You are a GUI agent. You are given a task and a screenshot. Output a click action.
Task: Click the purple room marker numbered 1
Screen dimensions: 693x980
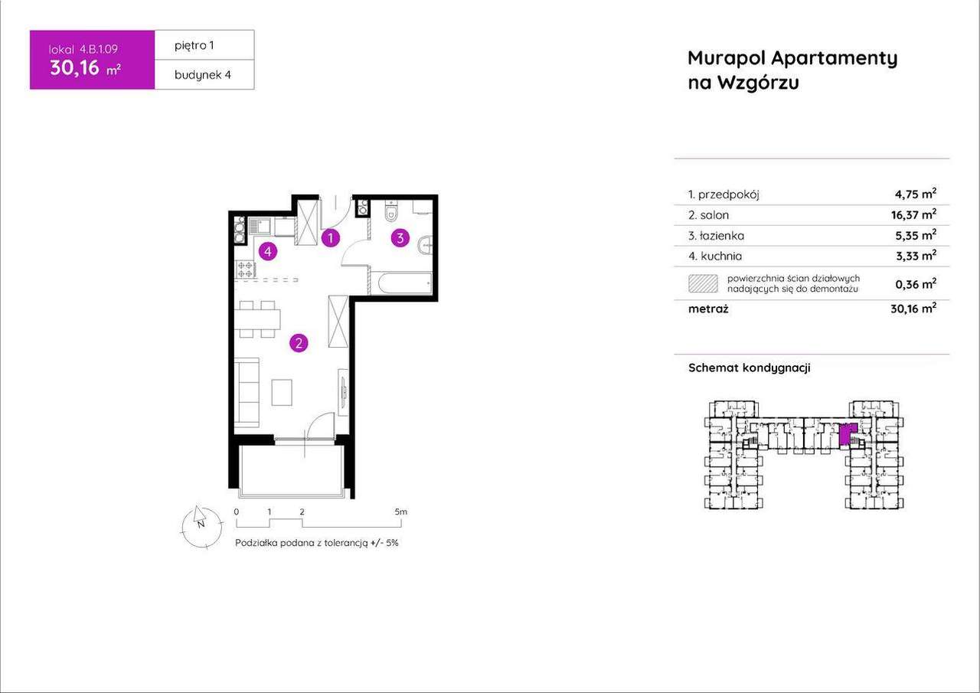pos(330,238)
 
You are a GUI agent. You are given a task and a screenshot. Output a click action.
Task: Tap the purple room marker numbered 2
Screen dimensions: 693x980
pos(299,343)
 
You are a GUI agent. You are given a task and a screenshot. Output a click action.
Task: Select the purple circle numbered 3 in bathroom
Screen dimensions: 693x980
pos(400,238)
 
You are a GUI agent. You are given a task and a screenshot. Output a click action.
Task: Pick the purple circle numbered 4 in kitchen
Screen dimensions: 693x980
pos(267,250)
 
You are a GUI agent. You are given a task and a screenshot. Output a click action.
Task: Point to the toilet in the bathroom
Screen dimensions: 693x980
pos(391,209)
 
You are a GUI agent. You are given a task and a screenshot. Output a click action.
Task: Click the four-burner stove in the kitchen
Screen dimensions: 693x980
pos(245,269)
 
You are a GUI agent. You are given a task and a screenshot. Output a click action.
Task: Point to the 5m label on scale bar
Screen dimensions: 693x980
pos(400,512)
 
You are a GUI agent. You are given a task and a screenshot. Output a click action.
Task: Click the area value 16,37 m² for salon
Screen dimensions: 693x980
pos(916,215)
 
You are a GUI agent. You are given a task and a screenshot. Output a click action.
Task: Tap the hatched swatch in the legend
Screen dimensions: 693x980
pos(703,283)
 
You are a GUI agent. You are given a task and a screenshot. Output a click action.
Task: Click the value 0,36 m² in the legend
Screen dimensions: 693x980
pos(916,283)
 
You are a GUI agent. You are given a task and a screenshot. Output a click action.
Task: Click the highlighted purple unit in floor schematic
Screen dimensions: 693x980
pos(845,435)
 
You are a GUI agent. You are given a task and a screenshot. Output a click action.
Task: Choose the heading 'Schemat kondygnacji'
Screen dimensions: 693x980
pos(749,368)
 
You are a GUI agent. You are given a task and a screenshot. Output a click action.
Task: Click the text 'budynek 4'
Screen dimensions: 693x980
pos(203,74)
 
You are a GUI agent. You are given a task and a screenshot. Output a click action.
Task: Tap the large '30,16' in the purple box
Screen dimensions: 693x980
pos(74,68)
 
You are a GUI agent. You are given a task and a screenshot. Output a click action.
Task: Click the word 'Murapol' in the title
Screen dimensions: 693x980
pos(726,58)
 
